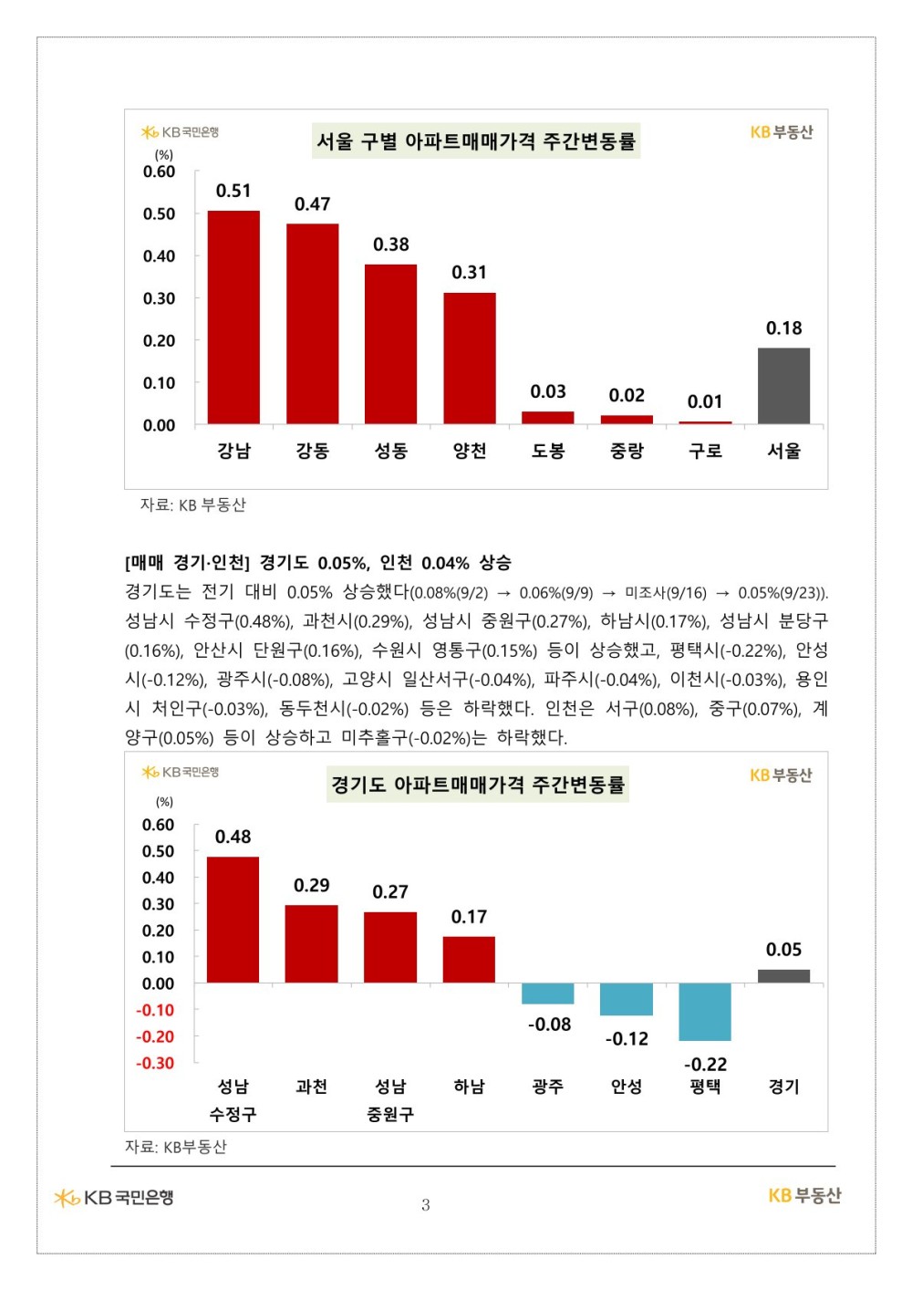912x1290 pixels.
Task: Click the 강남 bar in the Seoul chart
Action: pyautogui.click(x=233, y=317)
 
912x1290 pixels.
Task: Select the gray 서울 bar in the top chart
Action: pyautogui.click(x=783, y=386)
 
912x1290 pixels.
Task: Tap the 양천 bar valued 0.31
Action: pyautogui.click(x=470, y=359)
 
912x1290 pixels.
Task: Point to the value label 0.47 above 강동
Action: pyautogui.click(x=312, y=204)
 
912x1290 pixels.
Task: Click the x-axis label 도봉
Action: pyautogui.click(x=548, y=451)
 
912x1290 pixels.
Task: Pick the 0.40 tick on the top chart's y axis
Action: pyautogui.click(x=159, y=256)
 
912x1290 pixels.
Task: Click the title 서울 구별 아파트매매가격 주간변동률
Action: pyautogui.click(x=476, y=141)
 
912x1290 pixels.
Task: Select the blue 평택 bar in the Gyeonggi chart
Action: pyautogui.click(x=705, y=1012)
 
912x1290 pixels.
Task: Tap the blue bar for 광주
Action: pyautogui.click(x=548, y=994)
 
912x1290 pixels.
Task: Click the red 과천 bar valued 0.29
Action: pyautogui.click(x=312, y=944)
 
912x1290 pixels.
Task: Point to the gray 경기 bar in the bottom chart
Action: pyautogui.click(x=783, y=976)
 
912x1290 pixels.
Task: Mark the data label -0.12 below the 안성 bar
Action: pyautogui.click(x=627, y=1039)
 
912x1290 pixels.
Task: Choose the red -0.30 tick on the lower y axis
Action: pyautogui.click(x=155, y=1064)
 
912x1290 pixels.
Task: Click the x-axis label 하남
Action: pyautogui.click(x=470, y=1087)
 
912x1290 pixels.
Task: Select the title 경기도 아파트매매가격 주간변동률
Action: pyautogui.click(x=478, y=785)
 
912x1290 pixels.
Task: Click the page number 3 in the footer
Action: pyautogui.click(x=425, y=1205)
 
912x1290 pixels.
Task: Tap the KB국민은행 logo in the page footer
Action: pyautogui.click(x=114, y=1197)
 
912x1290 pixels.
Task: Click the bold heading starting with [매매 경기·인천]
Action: pyautogui.click(x=317, y=563)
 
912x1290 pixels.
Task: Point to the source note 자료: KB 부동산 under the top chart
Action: pyautogui.click(x=192, y=505)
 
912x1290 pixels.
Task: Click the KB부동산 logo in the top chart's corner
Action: pyautogui.click(x=781, y=132)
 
